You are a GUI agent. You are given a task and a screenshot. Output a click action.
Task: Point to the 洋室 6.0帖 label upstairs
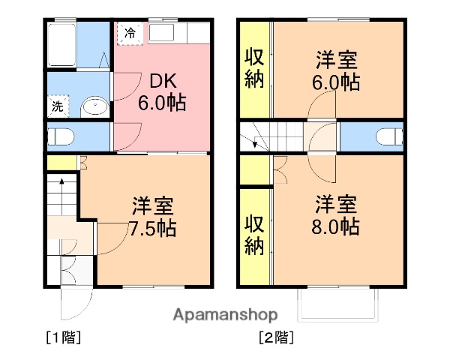coord(335,70)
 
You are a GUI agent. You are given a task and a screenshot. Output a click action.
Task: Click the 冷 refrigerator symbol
coord(130,33)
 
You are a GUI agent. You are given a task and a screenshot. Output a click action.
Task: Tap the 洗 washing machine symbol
coord(58,106)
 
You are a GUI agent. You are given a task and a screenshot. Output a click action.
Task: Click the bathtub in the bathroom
coord(61,45)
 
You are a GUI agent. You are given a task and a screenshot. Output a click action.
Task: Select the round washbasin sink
coord(94,106)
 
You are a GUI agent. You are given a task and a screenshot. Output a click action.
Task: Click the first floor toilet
coord(60,136)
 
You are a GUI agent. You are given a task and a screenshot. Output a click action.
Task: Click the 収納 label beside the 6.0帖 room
coord(254,68)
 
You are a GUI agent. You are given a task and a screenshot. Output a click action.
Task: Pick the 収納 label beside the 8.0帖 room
coord(254,235)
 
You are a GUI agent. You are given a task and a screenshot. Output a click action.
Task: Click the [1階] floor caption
coord(63,337)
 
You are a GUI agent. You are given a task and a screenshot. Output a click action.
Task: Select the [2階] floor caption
coord(276,337)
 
